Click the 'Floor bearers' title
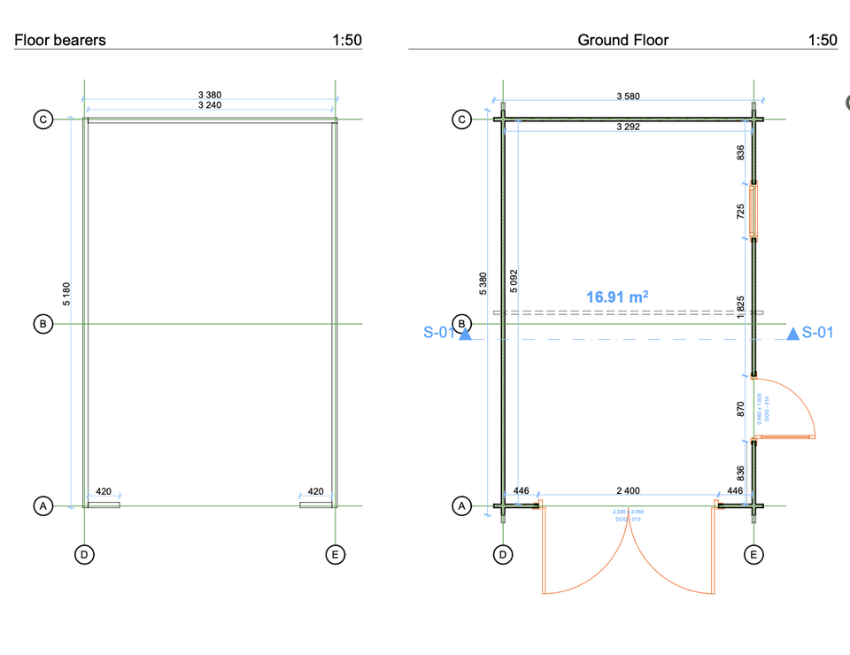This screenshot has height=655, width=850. [x=60, y=40]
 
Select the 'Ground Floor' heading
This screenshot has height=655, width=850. [x=622, y=40]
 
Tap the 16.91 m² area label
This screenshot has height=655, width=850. [x=617, y=297]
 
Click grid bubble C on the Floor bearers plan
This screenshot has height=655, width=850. [x=42, y=119]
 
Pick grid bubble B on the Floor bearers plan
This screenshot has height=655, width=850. [x=42, y=325]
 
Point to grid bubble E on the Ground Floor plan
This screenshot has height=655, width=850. [x=753, y=555]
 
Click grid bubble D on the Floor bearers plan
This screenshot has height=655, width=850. [x=84, y=555]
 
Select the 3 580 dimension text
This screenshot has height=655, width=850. [x=628, y=96]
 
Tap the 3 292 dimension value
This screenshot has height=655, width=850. [x=628, y=127]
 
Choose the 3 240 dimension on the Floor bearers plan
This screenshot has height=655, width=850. [x=210, y=104]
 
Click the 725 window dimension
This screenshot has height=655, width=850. [x=741, y=212]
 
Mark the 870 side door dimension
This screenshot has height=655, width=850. [x=741, y=409]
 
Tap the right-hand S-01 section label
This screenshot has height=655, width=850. [x=817, y=333]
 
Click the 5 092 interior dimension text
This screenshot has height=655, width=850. [x=514, y=281]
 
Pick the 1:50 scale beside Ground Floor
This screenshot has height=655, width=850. [x=822, y=40]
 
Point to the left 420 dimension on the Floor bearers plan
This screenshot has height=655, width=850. [x=104, y=491]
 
